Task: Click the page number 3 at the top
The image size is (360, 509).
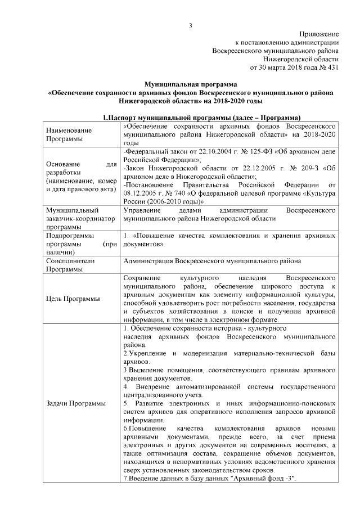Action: (191, 25)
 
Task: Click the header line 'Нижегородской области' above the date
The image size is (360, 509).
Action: (301, 58)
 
